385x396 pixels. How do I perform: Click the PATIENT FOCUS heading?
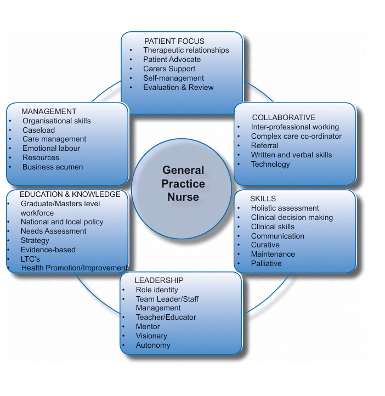(174, 41)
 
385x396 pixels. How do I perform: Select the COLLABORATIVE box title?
(284, 117)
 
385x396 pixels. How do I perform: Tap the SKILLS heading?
(263, 199)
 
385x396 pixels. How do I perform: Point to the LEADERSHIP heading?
(158, 280)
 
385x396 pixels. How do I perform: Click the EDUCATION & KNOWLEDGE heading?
(70, 194)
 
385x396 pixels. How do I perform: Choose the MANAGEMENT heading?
(49, 111)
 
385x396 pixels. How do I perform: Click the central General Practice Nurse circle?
(183, 183)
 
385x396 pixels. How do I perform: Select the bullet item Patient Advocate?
(172, 59)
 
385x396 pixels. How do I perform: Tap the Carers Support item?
(169, 69)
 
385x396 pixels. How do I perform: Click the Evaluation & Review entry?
(178, 87)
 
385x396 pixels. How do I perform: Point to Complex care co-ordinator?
(296, 136)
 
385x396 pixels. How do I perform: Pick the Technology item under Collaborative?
(270, 164)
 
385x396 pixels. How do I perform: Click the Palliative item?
(266, 263)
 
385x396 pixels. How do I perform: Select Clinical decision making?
(292, 217)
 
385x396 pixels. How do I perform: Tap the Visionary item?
(151, 336)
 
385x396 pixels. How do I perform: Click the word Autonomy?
(153, 345)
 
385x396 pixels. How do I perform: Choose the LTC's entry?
(30, 259)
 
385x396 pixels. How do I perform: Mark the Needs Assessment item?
(53, 231)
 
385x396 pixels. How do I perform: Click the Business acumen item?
(53, 167)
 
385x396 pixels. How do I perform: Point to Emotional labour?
(51, 148)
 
